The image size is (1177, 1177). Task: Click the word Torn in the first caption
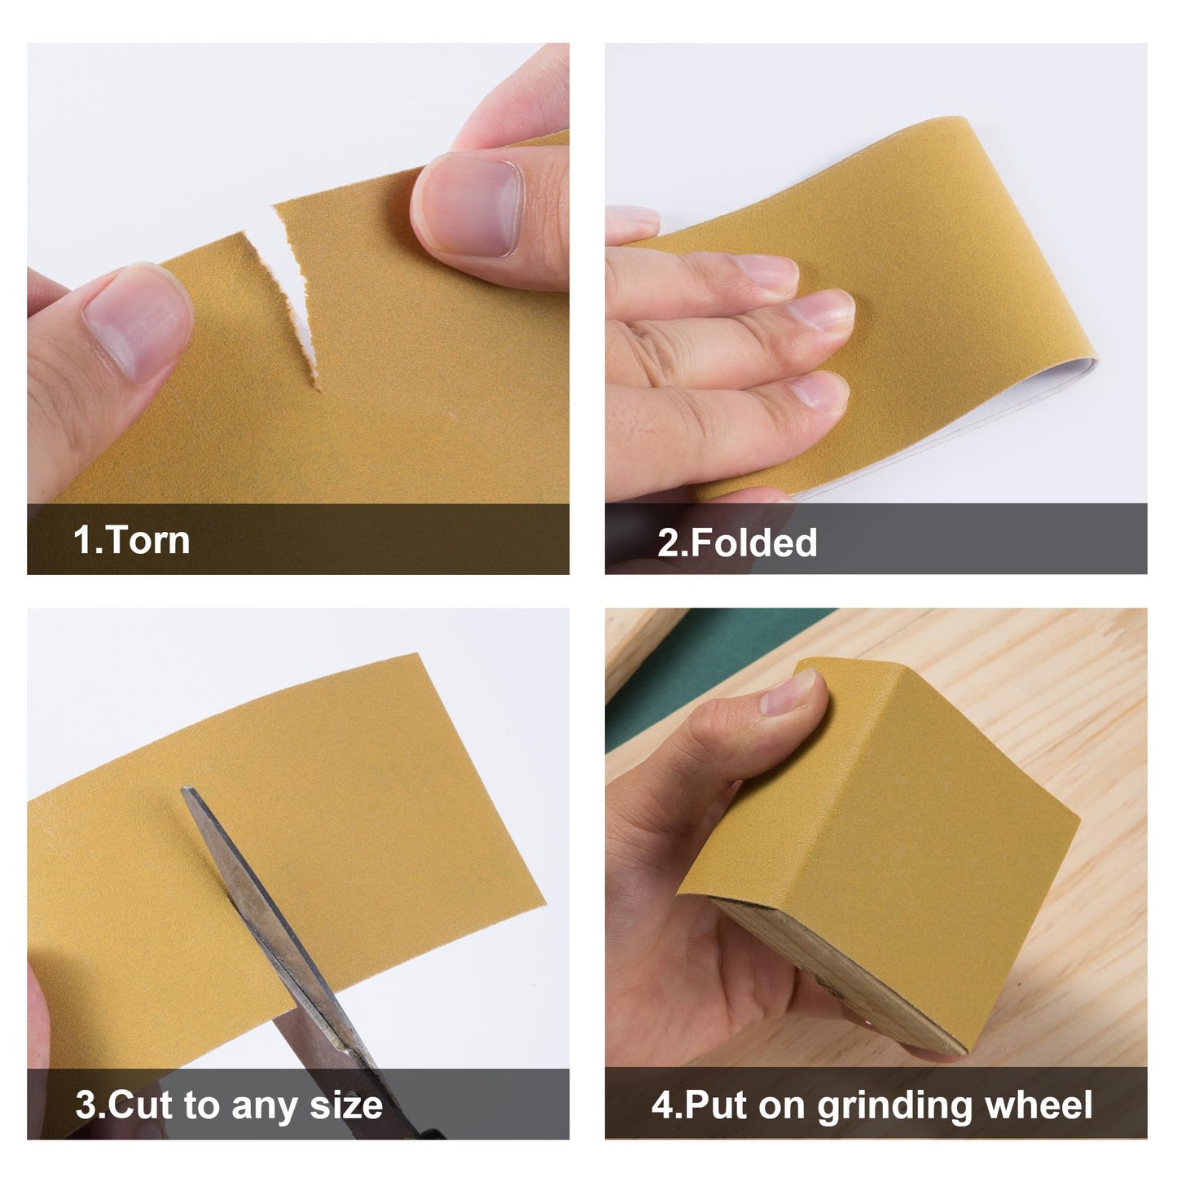point(147,540)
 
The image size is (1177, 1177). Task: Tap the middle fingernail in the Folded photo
point(823,310)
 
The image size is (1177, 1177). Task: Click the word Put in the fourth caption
point(718,1105)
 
